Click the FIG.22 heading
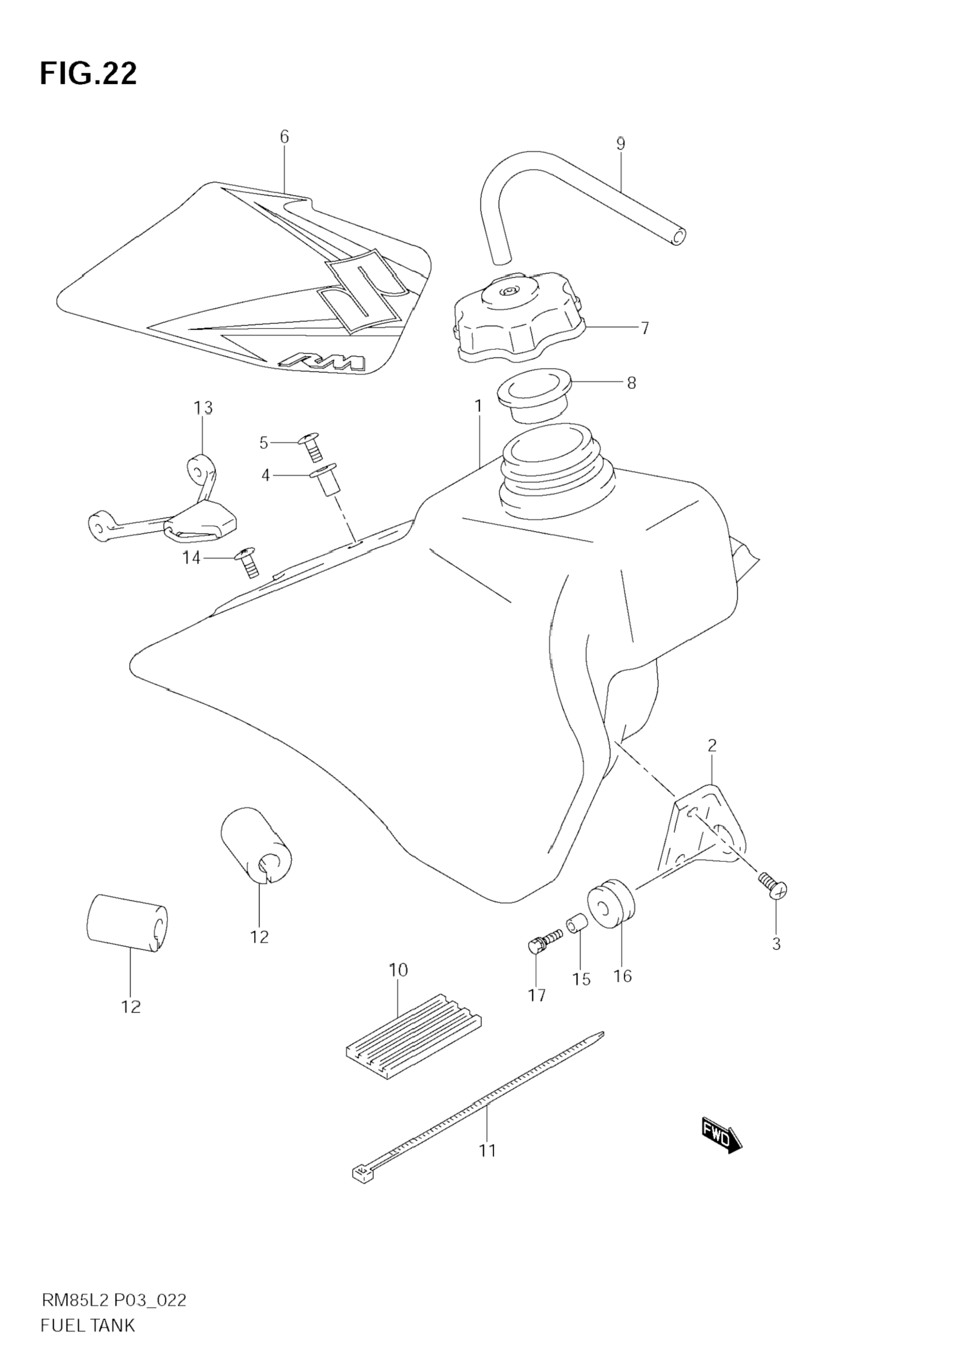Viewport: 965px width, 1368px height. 88,74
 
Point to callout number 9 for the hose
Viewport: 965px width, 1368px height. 620,143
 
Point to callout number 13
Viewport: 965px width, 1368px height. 203,408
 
